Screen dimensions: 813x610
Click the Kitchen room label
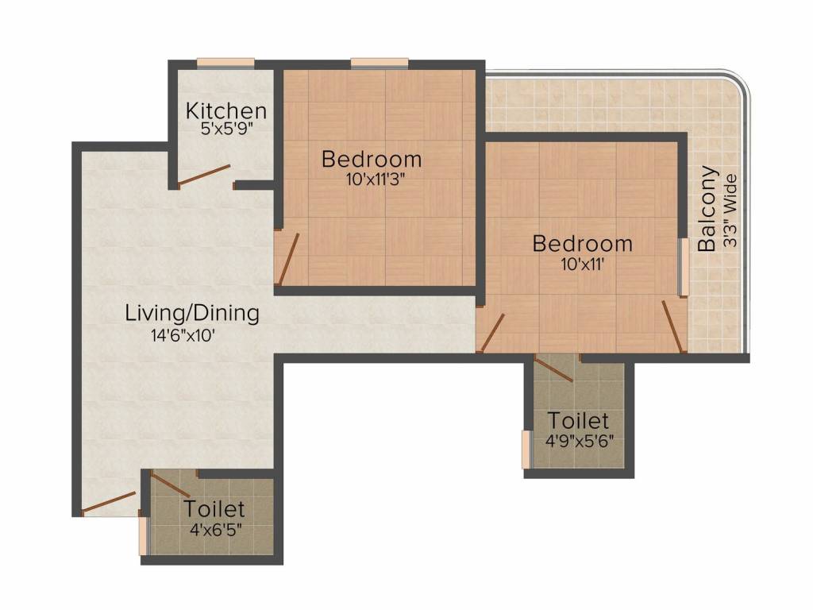click(x=226, y=110)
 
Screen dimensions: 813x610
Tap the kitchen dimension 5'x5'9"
click(x=226, y=128)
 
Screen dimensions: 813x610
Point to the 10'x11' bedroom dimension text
click(x=583, y=264)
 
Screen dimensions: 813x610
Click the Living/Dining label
click(x=192, y=314)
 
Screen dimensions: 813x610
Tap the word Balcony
click(x=707, y=209)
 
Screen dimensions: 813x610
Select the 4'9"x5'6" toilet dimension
click(x=580, y=442)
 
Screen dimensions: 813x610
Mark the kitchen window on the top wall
click(x=225, y=63)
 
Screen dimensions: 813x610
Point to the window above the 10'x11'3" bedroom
click(x=380, y=63)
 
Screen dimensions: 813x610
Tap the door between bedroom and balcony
click(x=672, y=326)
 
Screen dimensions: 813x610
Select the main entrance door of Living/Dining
click(x=109, y=502)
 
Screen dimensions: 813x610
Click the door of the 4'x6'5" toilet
click(x=170, y=484)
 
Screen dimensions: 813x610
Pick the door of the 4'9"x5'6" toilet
click(x=553, y=369)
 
